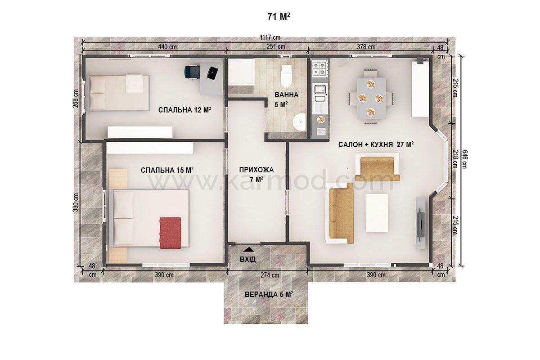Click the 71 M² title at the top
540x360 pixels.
[279, 17]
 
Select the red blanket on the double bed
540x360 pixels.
[170, 233]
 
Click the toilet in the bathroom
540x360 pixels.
[286, 76]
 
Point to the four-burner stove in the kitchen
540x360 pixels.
[320, 68]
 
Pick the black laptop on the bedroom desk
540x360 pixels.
[212, 72]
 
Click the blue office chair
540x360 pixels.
[193, 72]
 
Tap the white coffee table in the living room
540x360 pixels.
[377, 213]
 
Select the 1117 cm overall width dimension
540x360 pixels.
[270, 37]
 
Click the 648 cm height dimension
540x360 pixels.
[464, 159]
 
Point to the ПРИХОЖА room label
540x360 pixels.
[256, 170]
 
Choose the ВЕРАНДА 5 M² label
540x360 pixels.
[269, 294]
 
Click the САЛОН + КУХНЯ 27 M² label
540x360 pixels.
[376, 144]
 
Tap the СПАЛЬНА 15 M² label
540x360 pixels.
[167, 170]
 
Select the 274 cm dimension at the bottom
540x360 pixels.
[270, 275]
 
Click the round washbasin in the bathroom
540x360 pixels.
[299, 122]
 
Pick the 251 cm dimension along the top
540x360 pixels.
[276, 46]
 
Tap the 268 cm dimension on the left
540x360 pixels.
[76, 99]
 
